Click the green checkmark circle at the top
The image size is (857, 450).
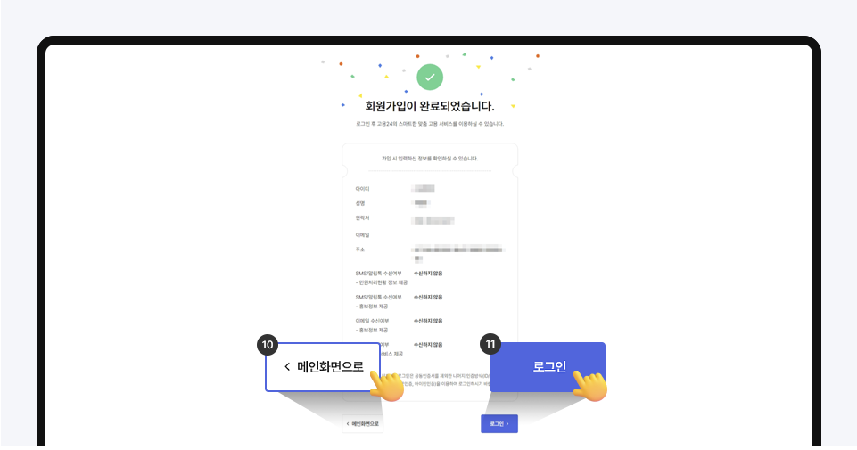pyautogui.click(x=430, y=78)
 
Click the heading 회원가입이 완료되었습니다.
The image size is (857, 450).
pyautogui.click(x=430, y=106)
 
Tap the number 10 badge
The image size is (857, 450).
pyautogui.click(x=267, y=343)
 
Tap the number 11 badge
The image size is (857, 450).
pyautogui.click(x=490, y=343)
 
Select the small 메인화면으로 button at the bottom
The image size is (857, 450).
pyautogui.click(x=363, y=424)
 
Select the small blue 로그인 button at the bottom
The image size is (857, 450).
pyautogui.click(x=499, y=424)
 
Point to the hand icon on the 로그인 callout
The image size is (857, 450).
pyautogui.click(x=589, y=385)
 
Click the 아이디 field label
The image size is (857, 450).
pyautogui.click(x=362, y=189)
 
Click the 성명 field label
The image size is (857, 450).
pyautogui.click(x=360, y=203)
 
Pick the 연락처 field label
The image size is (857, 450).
pyautogui.click(x=362, y=218)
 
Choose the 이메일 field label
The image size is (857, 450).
pyautogui.click(x=362, y=234)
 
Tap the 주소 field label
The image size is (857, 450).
pyautogui.click(x=359, y=250)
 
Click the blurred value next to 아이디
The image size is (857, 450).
pyautogui.click(x=424, y=189)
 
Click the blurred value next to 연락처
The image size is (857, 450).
pyautogui.click(x=433, y=219)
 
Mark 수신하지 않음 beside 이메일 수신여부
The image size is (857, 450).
pyautogui.click(x=428, y=320)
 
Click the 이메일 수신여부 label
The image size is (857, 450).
pyautogui.click(x=378, y=320)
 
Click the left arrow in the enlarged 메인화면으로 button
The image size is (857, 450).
pyautogui.click(x=287, y=367)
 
